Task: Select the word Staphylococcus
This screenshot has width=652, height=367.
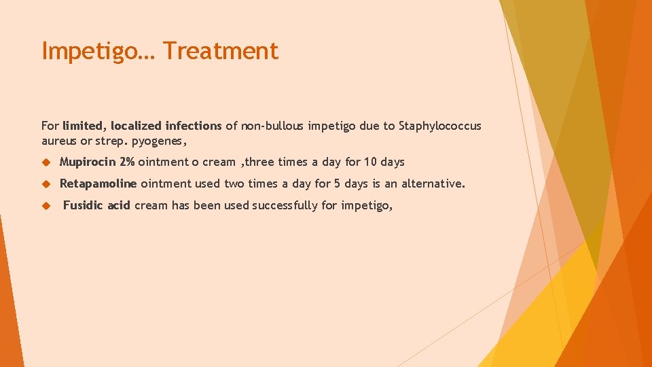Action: [x=440, y=126]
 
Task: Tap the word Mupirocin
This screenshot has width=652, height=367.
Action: [x=88, y=162]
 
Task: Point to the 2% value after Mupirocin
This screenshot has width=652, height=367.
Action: [x=127, y=162]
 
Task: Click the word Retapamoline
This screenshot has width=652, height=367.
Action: [x=98, y=183]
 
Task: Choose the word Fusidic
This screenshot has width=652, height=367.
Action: [x=84, y=205]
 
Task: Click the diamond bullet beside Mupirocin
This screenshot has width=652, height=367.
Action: [x=47, y=162]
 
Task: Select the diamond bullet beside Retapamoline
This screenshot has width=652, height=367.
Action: [x=47, y=184]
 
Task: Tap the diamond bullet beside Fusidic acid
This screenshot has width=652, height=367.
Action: [x=47, y=206]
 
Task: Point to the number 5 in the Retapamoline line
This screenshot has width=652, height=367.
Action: [x=336, y=183]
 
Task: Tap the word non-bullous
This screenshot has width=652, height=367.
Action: [x=272, y=126]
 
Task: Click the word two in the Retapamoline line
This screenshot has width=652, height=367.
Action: [x=234, y=183]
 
